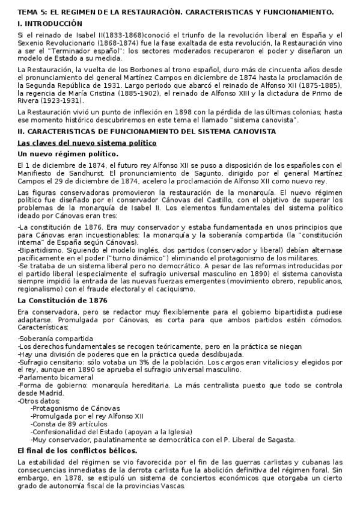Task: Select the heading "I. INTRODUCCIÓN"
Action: click(x=49, y=23)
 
